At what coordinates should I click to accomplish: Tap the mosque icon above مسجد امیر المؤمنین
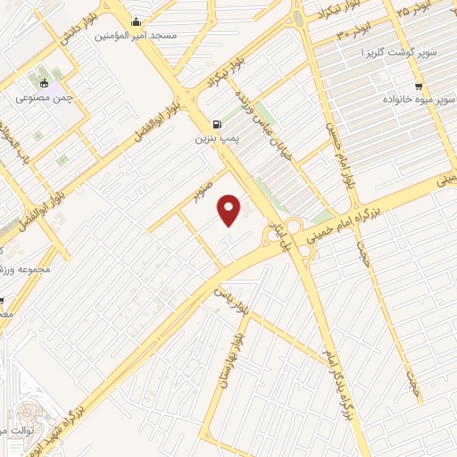coord(136,22)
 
